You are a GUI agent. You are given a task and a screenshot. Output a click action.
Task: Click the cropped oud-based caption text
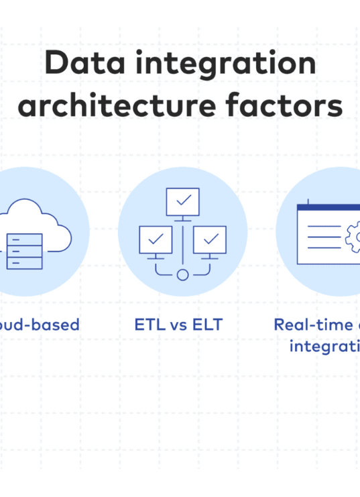point(40,325)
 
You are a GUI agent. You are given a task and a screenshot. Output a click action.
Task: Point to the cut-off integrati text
point(324,347)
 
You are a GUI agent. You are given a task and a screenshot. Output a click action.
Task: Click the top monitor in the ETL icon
point(182,201)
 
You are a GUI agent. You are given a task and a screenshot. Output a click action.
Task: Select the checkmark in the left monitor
point(156,239)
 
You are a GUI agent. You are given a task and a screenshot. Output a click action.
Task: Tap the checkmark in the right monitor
point(211,239)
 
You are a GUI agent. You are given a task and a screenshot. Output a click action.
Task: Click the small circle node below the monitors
point(182,274)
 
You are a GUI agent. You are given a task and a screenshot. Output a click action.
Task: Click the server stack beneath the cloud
point(24,250)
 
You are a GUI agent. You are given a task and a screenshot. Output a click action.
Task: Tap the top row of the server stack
point(24,238)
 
